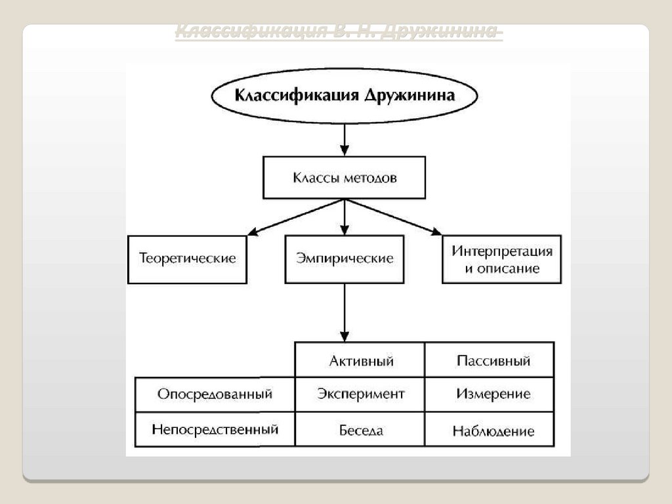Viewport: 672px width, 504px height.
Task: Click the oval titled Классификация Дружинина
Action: [345, 95]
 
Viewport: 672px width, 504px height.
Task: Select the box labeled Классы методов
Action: [345, 177]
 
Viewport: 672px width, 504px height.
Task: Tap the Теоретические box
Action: [188, 259]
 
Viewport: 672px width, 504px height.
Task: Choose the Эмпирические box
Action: [345, 259]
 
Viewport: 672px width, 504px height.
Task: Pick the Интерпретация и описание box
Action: [501, 259]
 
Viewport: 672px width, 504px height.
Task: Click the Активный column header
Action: [360, 360]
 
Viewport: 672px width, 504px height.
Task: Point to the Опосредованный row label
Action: [215, 394]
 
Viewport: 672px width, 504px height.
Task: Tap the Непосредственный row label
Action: [215, 430]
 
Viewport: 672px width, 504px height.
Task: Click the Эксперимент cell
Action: [360, 394]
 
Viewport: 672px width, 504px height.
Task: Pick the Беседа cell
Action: [360, 430]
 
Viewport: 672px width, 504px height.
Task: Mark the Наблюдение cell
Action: [492, 430]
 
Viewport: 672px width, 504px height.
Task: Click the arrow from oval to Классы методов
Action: [345, 139]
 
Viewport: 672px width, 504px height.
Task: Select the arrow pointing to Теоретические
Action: [295, 217]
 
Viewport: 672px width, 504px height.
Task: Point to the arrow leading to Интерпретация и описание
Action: [394, 217]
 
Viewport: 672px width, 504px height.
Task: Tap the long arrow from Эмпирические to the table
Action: [345, 312]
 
